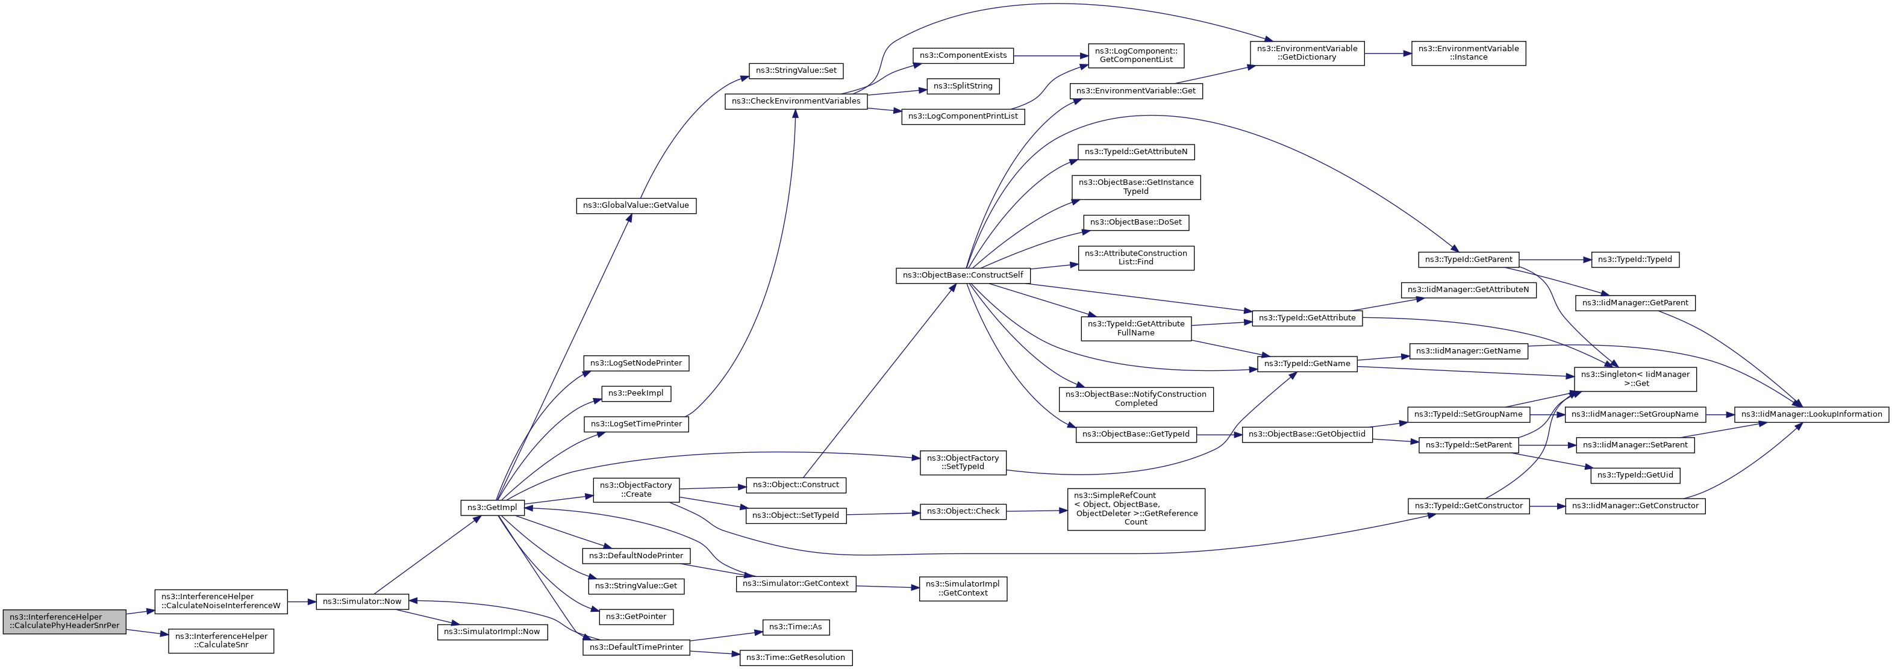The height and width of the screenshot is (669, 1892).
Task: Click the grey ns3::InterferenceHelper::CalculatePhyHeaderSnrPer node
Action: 64,621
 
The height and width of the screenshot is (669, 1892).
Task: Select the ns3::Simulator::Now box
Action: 362,602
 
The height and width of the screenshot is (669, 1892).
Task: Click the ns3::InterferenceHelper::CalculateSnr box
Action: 221,640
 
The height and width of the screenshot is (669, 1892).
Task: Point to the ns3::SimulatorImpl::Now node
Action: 492,632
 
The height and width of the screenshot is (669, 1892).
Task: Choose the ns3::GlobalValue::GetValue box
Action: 636,205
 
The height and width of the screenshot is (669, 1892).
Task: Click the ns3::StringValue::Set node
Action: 796,71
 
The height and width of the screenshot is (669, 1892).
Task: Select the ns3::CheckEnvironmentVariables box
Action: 796,101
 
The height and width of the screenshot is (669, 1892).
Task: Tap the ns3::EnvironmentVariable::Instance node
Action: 1468,53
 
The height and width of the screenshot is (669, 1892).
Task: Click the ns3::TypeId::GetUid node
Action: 1635,475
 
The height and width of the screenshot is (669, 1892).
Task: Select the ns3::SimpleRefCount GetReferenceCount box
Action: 1135,509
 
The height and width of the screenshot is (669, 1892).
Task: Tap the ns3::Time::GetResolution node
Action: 796,657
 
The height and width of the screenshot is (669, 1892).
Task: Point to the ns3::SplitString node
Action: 963,86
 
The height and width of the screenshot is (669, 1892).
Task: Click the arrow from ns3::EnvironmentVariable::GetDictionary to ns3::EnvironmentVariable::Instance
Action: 1387,53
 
